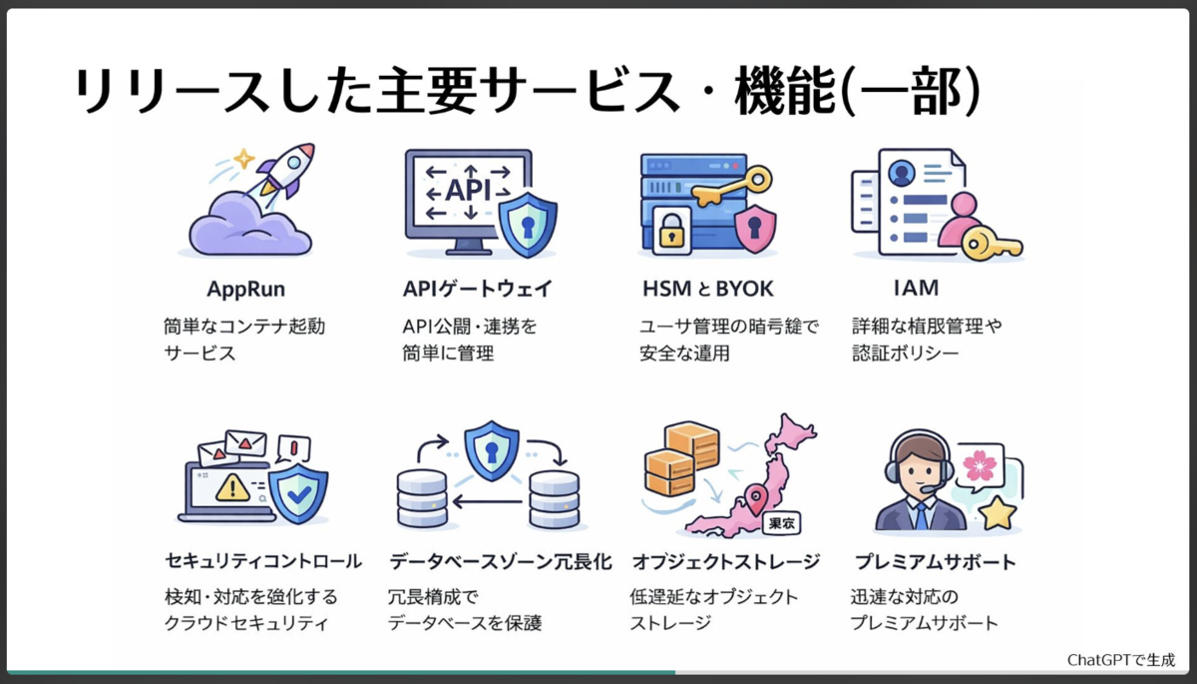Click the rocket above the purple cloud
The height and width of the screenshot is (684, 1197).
[285, 171]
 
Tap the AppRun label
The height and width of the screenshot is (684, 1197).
[245, 290]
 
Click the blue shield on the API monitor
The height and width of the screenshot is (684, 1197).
[527, 225]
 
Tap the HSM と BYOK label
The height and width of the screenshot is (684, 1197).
[709, 290]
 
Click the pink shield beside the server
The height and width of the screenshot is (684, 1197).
[755, 229]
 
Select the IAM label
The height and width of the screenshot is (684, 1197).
[916, 290]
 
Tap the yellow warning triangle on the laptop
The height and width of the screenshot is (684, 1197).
[232, 487]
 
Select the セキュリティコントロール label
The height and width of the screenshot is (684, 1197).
[262, 561]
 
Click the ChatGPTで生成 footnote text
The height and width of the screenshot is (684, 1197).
[1121, 660]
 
